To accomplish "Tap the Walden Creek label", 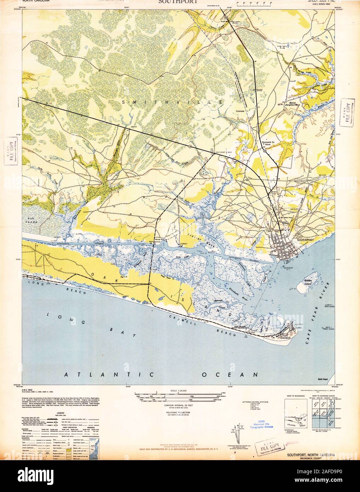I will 308,86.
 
